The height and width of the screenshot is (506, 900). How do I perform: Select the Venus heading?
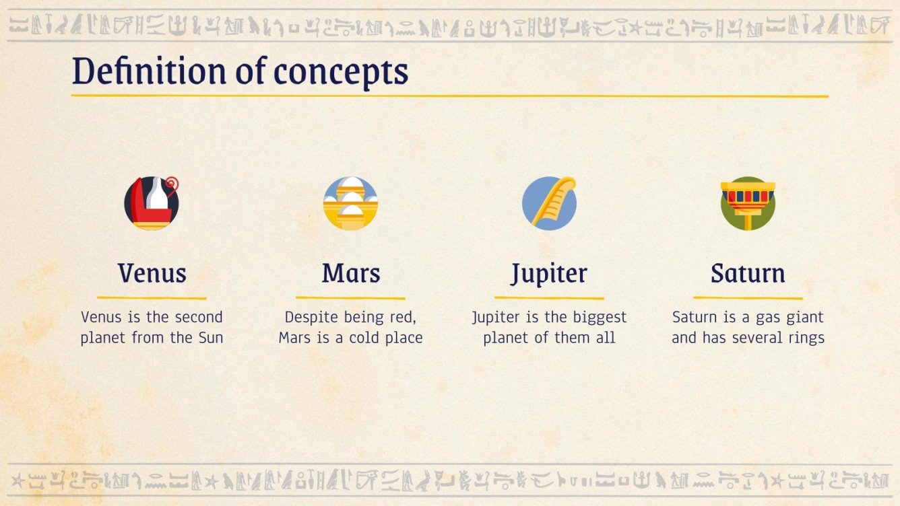(152, 273)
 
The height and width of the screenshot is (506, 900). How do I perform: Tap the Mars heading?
(350, 273)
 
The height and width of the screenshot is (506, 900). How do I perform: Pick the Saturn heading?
(748, 273)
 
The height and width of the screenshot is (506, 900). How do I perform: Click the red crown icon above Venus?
(152, 203)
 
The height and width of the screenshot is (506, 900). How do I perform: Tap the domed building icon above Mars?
(350, 203)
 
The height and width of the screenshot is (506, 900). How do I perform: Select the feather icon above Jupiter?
(549, 203)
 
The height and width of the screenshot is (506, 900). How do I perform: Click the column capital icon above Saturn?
(748, 203)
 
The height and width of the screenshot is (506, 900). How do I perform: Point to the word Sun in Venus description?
(209, 338)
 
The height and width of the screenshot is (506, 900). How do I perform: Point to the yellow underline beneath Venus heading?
(152, 297)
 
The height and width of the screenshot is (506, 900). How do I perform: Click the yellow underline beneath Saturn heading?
(748, 297)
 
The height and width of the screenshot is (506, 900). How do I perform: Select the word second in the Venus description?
(199, 317)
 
